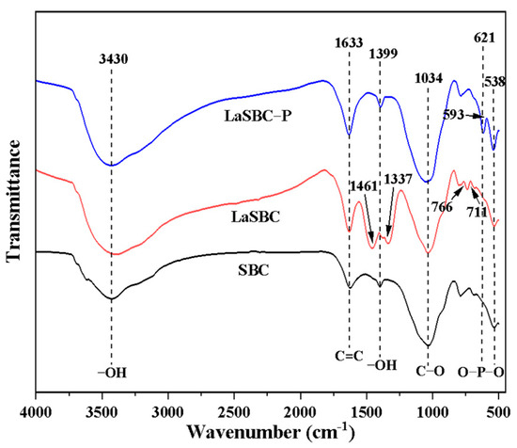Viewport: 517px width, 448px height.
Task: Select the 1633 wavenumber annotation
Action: pos(349,41)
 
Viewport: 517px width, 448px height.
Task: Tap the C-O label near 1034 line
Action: pos(429,371)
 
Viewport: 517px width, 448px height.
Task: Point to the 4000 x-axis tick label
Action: pos(36,410)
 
